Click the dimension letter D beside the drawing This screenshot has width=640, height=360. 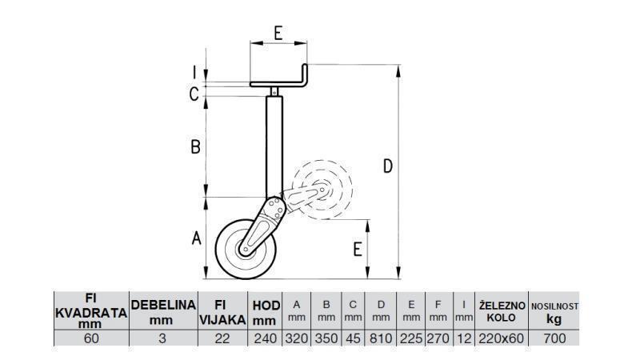tap(387, 166)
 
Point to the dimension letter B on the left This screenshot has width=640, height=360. tap(194, 147)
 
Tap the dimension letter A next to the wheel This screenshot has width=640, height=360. tap(194, 238)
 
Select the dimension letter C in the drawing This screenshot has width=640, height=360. tap(194, 94)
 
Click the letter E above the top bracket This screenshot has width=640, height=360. tap(278, 33)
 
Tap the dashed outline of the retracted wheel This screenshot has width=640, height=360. tap(322, 191)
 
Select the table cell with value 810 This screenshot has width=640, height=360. tap(381, 338)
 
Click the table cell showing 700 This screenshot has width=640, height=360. tap(554, 338)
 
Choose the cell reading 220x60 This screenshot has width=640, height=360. tap(502, 338)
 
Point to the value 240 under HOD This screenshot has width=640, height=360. tap(266, 338)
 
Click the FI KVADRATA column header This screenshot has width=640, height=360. tap(90, 311)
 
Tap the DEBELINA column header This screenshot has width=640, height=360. tap(163, 311)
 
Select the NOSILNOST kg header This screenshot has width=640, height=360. tap(554, 311)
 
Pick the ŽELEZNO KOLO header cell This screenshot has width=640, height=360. tap(502, 311)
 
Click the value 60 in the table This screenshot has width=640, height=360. tap(90, 338)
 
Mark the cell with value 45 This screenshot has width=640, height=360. tap(353, 338)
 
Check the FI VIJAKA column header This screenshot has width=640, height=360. tap(223, 311)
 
